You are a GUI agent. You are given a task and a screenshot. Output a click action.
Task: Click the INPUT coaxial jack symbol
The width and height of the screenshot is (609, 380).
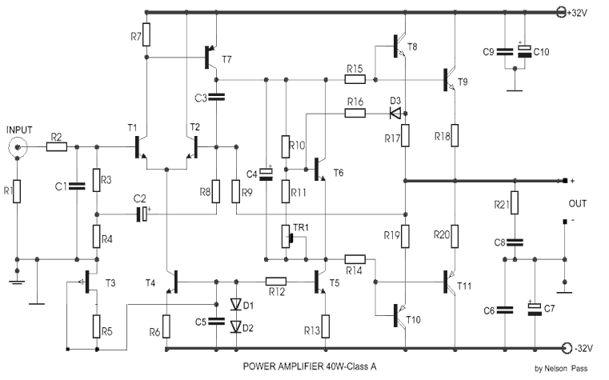pyautogui.click(x=18, y=147)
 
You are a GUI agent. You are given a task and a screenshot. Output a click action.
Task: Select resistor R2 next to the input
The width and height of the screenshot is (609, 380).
pyautogui.click(x=57, y=147)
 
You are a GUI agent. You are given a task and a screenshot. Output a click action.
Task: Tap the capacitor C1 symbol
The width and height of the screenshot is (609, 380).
pyautogui.click(x=77, y=186)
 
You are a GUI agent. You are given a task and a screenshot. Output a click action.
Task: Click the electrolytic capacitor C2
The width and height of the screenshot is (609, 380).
pyautogui.click(x=142, y=214)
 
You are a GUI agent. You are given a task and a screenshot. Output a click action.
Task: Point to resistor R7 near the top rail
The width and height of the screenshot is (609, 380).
pyautogui.click(x=146, y=34)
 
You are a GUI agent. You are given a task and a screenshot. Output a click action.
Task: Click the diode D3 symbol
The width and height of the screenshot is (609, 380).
pyautogui.click(x=395, y=114)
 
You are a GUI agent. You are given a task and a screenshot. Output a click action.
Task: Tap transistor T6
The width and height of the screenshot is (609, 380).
pyautogui.click(x=320, y=170)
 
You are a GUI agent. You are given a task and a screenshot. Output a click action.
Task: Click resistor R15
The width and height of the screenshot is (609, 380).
pyautogui.click(x=355, y=80)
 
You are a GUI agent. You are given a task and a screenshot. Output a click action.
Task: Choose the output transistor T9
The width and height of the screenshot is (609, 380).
pyautogui.click(x=450, y=80)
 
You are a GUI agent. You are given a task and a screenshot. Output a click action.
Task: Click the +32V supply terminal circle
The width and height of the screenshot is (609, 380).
pyautogui.click(x=562, y=13)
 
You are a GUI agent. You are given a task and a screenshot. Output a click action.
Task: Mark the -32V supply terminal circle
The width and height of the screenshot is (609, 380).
pyautogui.click(x=567, y=348)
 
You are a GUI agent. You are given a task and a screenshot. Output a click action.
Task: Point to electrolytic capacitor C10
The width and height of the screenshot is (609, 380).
pyautogui.click(x=525, y=51)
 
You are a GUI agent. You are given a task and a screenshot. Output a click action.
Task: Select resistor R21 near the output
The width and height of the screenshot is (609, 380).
pyautogui.click(x=515, y=202)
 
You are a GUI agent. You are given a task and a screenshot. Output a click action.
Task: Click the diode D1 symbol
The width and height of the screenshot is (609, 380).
pyautogui.click(x=236, y=304)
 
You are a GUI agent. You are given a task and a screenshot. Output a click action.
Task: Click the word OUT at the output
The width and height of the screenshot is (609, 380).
pyautogui.click(x=578, y=204)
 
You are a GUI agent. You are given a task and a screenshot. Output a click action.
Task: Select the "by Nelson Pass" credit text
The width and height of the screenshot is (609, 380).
pyautogui.click(x=561, y=368)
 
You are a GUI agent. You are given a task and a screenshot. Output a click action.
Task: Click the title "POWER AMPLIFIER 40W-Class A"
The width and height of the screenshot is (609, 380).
pyautogui.click(x=310, y=366)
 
